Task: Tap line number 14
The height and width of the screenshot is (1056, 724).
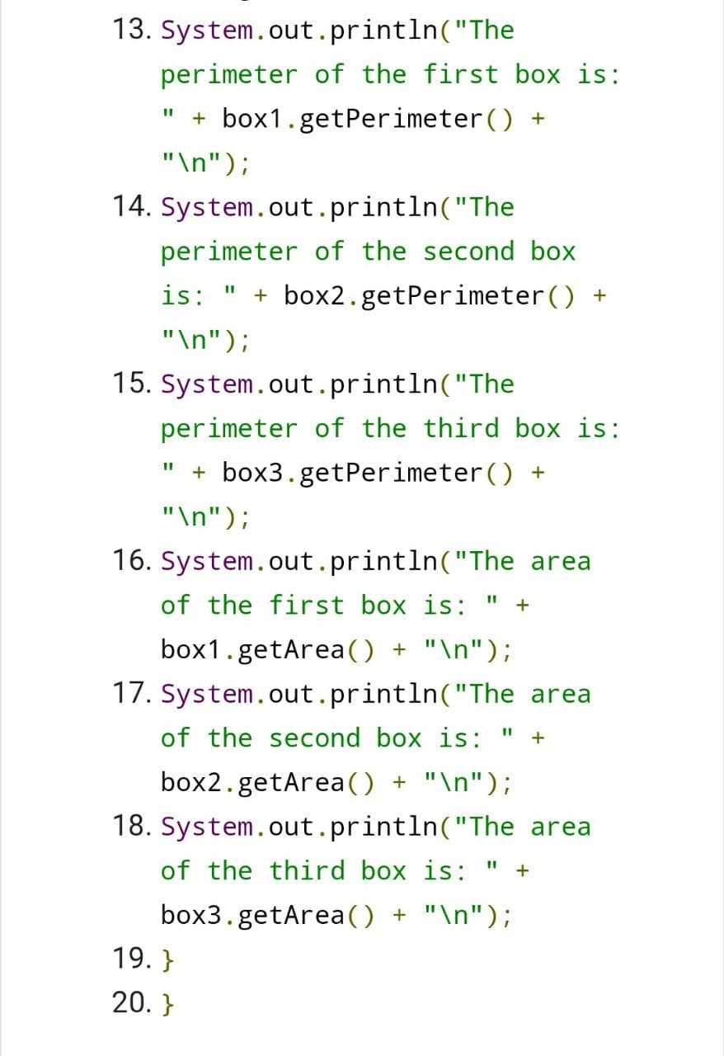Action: coord(131,206)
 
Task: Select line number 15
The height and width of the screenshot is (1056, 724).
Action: coord(131,383)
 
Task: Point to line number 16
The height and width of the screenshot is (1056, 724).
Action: coord(131,560)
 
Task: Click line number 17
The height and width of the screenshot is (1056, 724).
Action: coord(131,694)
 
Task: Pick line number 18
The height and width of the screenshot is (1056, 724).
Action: coord(131,826)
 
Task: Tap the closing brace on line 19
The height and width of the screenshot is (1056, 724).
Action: coord(167,959)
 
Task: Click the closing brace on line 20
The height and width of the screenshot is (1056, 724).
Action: coord(167,1004)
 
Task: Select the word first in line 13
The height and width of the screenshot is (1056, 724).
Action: coord(460,74)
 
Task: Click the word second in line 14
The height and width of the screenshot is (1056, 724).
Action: coord(468,252)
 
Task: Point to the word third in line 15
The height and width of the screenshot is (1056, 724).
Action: coord(460,428)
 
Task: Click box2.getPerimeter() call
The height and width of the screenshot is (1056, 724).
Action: coord(429,296)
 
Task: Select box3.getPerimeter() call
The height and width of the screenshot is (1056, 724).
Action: coord(367,474)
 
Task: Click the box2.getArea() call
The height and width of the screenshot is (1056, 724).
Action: coord(267,783)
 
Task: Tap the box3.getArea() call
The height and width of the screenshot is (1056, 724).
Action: coord(267,916)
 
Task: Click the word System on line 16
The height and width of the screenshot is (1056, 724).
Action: coord(207,562)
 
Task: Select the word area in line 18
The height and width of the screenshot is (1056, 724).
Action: coord(561,827)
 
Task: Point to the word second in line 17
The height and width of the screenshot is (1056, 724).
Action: coord(314,738)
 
